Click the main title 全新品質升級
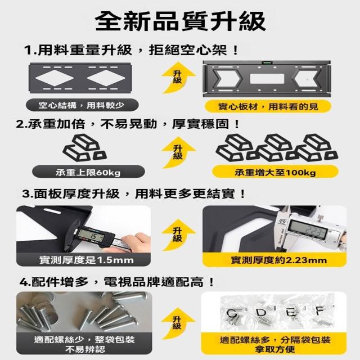click(181, 21)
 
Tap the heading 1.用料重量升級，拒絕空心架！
click(131, 50)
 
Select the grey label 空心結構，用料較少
click(82, 105)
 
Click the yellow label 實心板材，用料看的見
click(268, 106)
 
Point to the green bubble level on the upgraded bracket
click(267, 62)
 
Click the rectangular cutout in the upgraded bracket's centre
click(267, 79)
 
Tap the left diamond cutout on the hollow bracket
click(55, 78)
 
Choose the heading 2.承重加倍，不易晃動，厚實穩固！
click(128, 124)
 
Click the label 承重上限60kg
click(88, 172)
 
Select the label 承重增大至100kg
click(275, 172)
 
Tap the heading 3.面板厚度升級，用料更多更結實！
click(134, 194)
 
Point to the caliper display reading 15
click(91, 236)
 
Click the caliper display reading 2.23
click(308, 228)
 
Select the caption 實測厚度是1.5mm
click(87, 260)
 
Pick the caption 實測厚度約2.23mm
click(279, 260)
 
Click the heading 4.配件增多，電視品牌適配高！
click(117, 282)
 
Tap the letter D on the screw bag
click(261, 313)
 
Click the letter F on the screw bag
click(320, 311)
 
